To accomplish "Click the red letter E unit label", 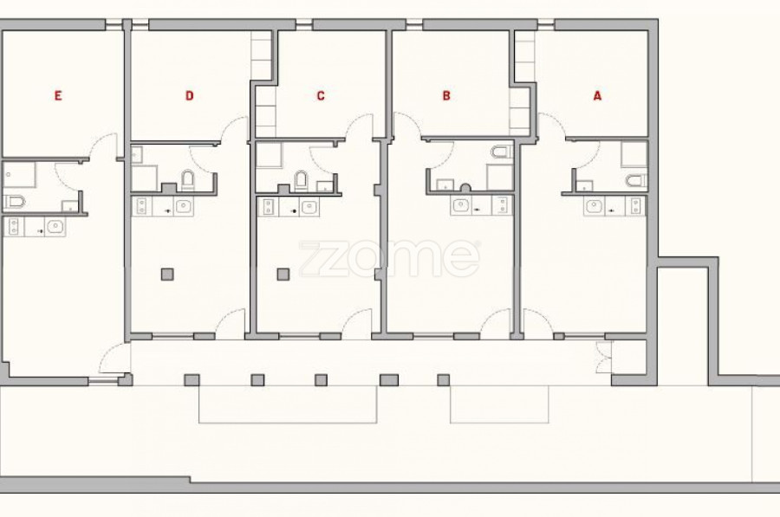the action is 58,95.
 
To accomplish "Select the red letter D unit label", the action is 190,95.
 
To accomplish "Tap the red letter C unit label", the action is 321,95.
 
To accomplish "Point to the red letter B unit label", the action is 446,95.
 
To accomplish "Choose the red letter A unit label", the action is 597,95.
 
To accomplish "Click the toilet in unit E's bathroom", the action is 15,201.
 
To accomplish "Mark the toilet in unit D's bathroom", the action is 187,180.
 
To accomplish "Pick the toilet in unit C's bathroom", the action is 301,181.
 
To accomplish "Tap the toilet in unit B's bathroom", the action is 502,152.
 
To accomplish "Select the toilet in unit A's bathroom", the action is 637,180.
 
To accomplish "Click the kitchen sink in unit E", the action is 55,227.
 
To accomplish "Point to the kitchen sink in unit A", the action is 594,206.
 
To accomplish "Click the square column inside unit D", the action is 167,274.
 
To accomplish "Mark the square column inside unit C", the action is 283,274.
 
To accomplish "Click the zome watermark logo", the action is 389,258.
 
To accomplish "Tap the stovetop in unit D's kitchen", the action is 142,206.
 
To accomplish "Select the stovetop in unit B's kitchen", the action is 502,205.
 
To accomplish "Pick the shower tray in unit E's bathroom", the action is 19,175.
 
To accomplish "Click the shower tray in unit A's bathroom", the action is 634,154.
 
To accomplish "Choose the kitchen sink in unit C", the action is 309,207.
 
